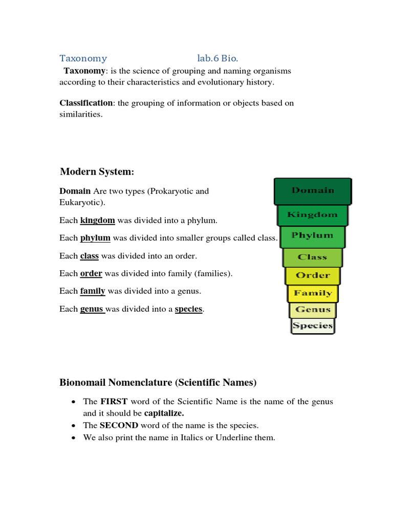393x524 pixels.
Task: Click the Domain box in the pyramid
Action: tap(313, 191)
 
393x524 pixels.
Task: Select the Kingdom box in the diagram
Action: tap(312, 215)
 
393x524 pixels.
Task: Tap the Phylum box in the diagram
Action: tap(312, 236)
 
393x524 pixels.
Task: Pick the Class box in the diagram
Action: tap(312, 257)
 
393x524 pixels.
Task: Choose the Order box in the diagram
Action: tap(313, 275)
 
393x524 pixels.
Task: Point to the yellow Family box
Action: tap(313, 293)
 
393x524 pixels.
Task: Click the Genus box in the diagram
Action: tap(313, 310)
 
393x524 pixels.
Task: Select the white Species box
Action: tap(313, 325)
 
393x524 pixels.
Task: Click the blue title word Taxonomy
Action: tap(83, 58)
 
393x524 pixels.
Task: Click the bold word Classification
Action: tap(86, 103)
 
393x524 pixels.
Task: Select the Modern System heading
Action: tap(97, 171)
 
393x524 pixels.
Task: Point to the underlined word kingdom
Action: tap(97, 221)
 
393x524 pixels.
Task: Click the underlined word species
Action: tap(189, 309)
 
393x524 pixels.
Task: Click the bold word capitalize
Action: tap(164, 412)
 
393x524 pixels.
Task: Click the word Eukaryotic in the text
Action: tap(79, 203)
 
